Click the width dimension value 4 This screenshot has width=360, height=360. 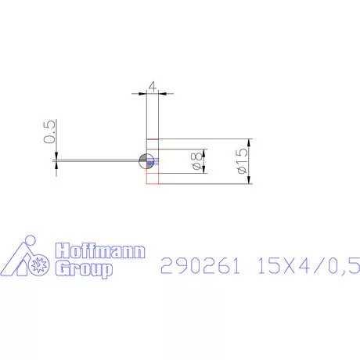pos(153,88)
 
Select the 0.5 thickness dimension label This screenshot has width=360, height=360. pos(49,131)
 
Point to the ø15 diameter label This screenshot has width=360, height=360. pos(240,162)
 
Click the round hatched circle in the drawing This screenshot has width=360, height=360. pos(145,162)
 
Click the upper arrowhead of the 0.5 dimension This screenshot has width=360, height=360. pos(56,155)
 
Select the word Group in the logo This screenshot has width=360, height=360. pos(82,269)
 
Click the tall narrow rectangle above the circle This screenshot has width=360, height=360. pos(153,117)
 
